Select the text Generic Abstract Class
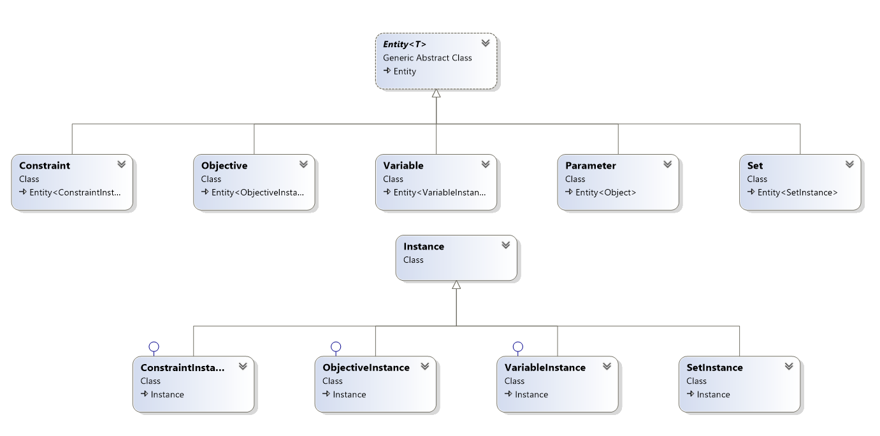coord(427,58)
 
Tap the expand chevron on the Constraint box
coord(122,164)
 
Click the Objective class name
coord(224,165)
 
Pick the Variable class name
coord(403,165)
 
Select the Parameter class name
coord(590,165)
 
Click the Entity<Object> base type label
coord(605,192)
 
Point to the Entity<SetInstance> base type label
coord(797,192)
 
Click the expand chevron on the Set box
coord(849,164)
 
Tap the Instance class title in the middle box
coord(424,246)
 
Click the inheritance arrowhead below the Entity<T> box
coord(436,93)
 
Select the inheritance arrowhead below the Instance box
coord(456,285)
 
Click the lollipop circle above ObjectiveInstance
coord(336,347)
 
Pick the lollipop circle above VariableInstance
coord(518,347)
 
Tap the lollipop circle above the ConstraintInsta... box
coord(154,347)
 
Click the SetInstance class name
coord(714,368)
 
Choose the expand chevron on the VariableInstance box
coord(607,366)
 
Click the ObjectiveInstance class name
coord(366,368)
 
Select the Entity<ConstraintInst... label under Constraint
coord(75,192)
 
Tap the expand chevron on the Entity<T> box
coord(486,43)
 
